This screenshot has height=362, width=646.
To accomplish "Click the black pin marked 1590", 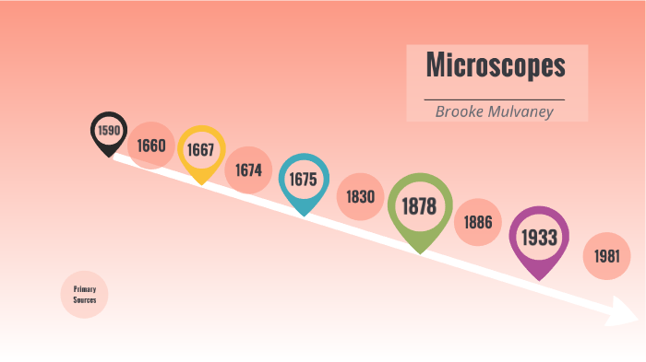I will (x=109, y=131).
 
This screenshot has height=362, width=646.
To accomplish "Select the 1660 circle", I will (x=151, y=146).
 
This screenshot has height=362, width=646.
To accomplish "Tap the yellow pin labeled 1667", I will (x=201, y=149).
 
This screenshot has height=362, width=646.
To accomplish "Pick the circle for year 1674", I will (x=248, y=169).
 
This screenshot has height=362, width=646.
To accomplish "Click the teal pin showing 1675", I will (x=304, y=179).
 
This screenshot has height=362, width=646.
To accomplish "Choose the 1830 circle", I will (x=360, y=196).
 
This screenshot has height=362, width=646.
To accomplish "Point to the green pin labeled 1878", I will (x=420, y=206).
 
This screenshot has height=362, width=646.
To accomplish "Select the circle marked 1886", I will (x=478, y=222).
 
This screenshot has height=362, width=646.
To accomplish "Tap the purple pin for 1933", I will (x=539, y=237).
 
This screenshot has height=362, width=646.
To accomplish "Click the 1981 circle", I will (x=606, y=255).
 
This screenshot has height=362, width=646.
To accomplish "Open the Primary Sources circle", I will (x=85, y=295).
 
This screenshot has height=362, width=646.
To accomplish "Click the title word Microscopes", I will (x=496, y=66).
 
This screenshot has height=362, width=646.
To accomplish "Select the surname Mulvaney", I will (x=528, y=111).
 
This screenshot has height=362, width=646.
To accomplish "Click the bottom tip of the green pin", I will (x=420, y=252).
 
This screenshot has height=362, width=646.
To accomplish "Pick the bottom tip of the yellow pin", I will (x=201, y=184).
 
